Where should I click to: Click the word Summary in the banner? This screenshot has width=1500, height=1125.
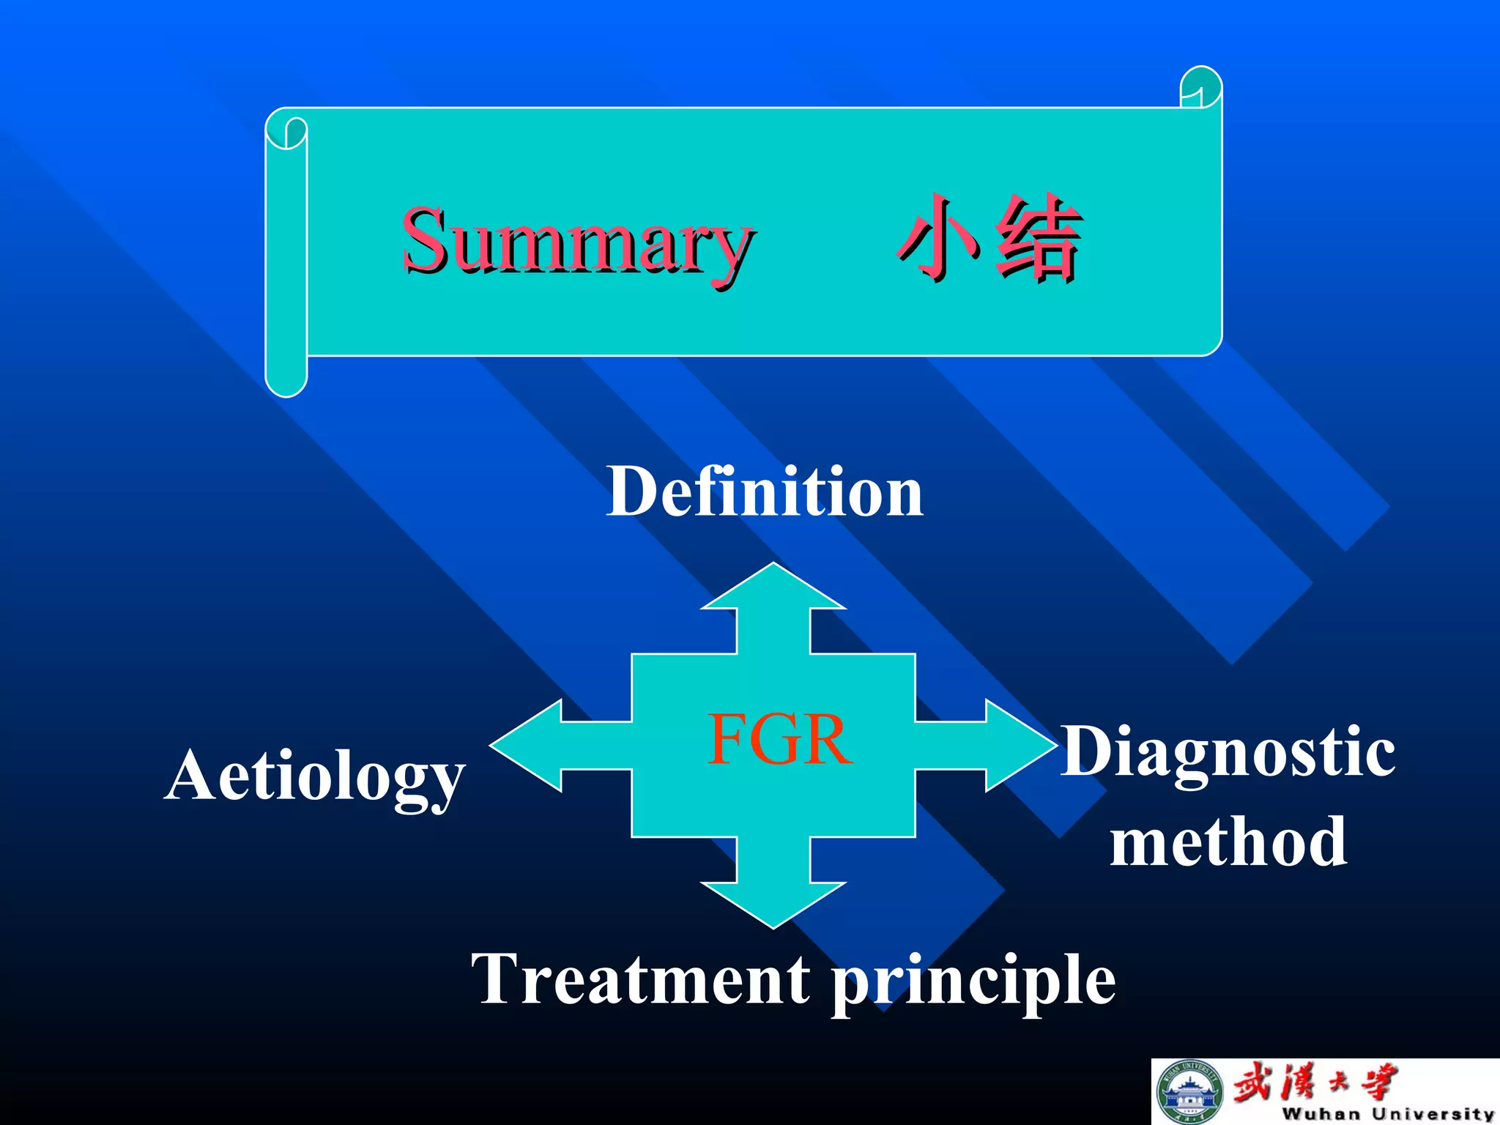coord(579,242)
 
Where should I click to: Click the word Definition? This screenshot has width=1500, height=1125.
coord(765,492)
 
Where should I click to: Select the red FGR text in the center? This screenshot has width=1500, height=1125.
coord(779,740)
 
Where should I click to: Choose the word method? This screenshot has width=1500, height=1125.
coord(1228,842)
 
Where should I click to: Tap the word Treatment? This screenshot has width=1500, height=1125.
coord(642,980)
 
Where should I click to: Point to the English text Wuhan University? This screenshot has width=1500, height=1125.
coord(1388,1113)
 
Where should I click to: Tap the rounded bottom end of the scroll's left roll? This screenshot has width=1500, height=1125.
coord(286,381)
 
